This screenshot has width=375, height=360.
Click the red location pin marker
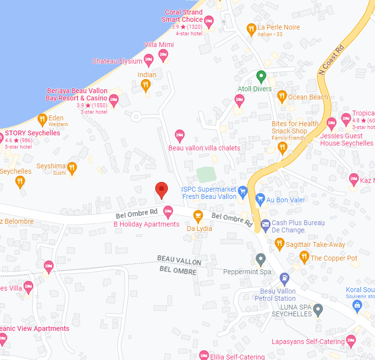tap(161, 190)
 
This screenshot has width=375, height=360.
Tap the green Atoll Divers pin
tap(261, 76)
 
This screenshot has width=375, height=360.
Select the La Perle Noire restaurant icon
tap(251, 29)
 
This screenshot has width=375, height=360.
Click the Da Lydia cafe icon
tap(198, 215)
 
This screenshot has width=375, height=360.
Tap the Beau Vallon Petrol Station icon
tap(284, 279)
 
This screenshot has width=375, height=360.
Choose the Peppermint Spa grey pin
tap(261, 259)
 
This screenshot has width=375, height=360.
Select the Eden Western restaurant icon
tap(42, 119)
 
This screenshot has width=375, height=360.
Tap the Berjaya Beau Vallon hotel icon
tap(114, 100)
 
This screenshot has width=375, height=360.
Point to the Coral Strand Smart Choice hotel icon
tap(209, 21)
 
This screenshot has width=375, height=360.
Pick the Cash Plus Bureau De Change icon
tap(265, 224)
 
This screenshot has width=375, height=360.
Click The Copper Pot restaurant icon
tap(304, 256)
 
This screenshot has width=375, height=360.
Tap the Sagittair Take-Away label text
tap(315, 245)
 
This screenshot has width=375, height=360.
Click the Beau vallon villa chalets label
tap(204, 147)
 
